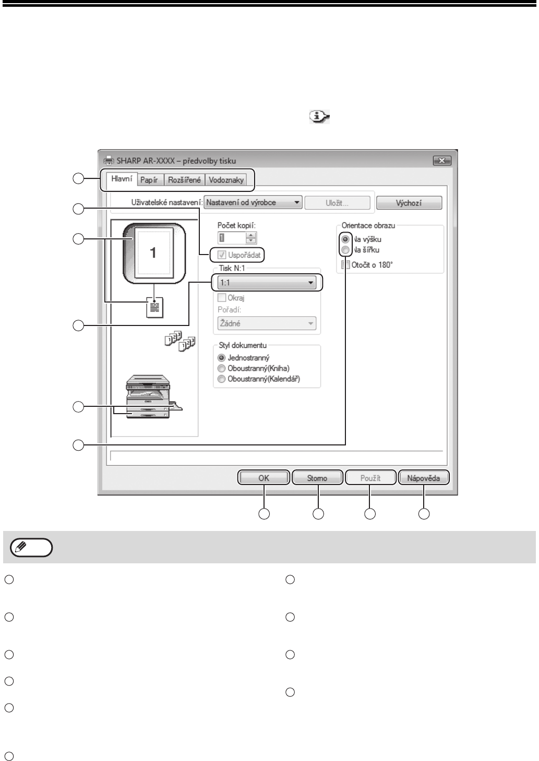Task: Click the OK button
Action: (263, 478)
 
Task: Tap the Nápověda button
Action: (423, 478)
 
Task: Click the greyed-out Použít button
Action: (370, 478)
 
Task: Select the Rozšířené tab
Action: (184, 180)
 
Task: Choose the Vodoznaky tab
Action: (226, 180)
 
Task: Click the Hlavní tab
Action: (123, 179)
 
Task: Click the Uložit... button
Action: (337, 203)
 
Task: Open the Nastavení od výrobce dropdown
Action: (254, 202)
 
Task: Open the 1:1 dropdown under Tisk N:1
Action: (267, 283)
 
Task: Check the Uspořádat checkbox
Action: (222, 256)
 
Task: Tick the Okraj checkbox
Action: (222, 298)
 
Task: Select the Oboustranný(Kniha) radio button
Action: (222, 369)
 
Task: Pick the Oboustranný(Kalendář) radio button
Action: (222, 379)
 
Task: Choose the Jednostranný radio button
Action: (222, 358)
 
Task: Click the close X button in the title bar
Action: (441, 161)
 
